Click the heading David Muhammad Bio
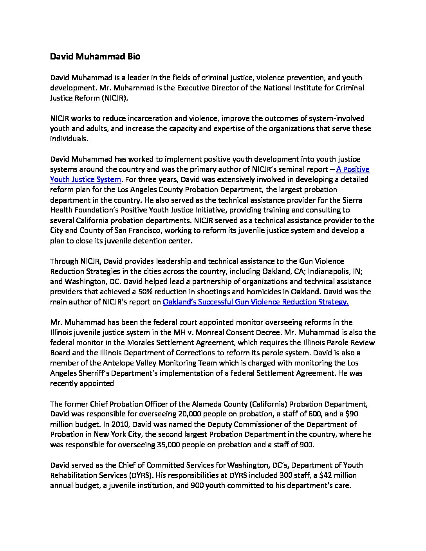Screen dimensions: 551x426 point(95,57)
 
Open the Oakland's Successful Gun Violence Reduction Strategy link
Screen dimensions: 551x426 point(255,302)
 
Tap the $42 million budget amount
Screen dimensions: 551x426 point(341,475)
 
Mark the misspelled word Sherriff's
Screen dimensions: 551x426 point(94,373)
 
